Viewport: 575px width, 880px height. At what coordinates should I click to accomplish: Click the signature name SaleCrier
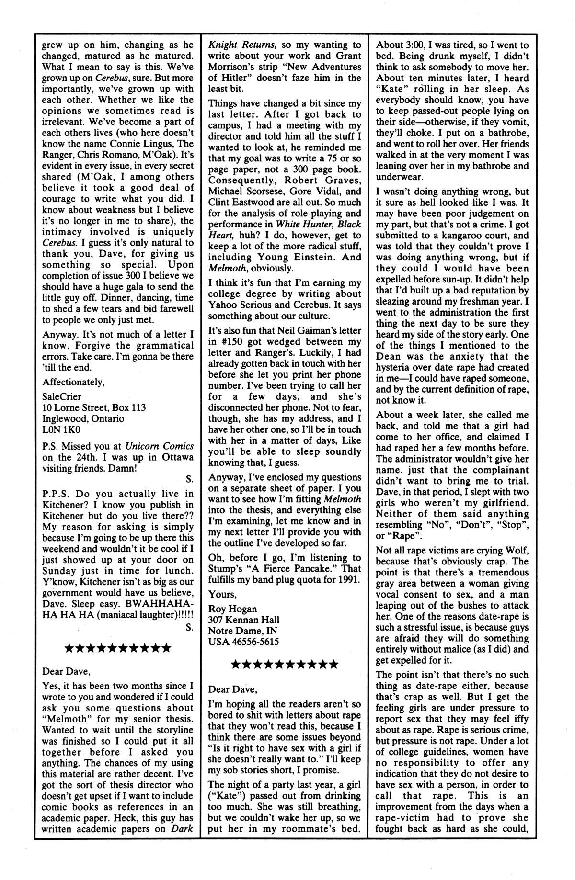point(62,396)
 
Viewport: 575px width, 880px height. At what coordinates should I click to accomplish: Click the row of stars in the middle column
point(285,665)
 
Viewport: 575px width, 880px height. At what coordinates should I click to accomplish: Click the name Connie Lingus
point(141,144)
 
